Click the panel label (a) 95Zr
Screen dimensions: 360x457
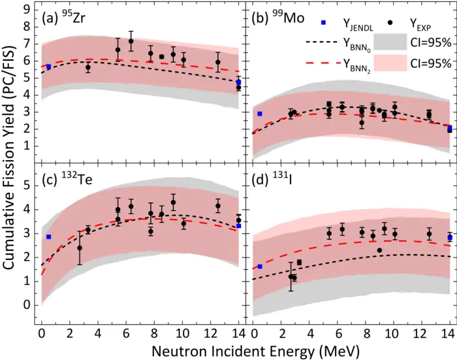coord(68,18)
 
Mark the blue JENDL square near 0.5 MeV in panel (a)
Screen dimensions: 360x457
coord(48,67)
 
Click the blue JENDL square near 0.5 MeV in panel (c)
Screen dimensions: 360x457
coord(48,237)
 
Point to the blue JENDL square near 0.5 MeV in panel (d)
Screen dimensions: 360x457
coord(259,267)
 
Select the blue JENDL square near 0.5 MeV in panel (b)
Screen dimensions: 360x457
coord(259,114)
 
